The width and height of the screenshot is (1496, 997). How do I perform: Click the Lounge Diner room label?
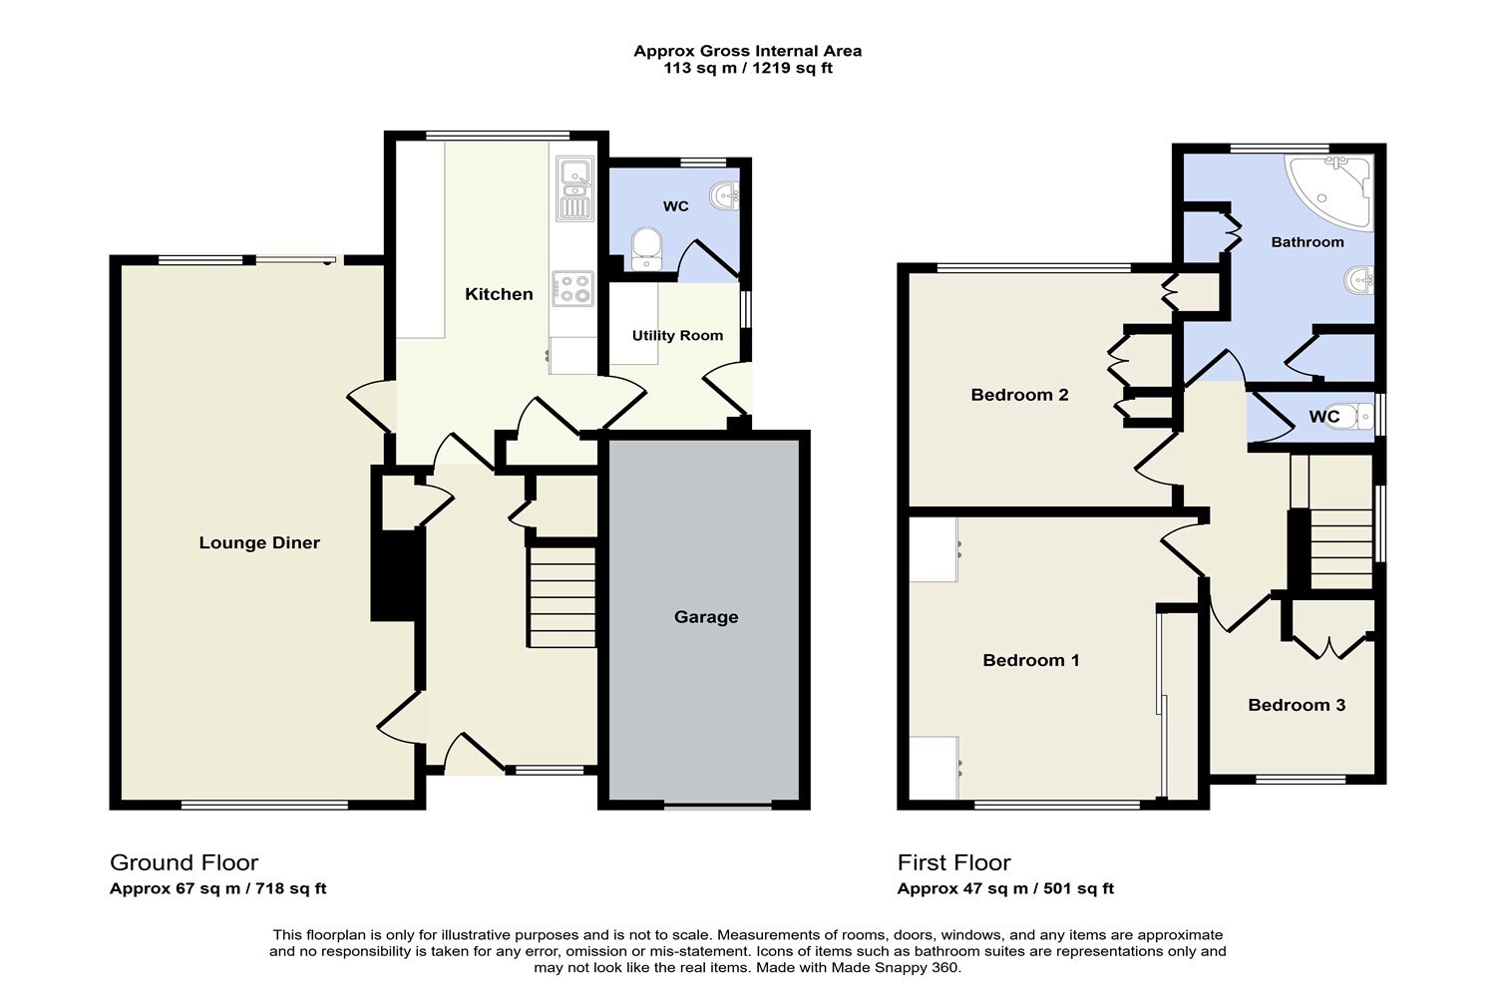pyautogui.click(x=259, y=543)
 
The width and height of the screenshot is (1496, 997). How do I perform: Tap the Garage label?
pyautogui.click(x=706, y=617)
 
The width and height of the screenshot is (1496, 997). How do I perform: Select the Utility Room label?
pyautogui.click(x=677, y=335)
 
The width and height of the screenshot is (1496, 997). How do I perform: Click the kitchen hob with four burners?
pyautogui.click(x=573, y=288)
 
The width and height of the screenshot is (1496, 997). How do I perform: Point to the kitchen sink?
pyautogui.click(x=574, y=188)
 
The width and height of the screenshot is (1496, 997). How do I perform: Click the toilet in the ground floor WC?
pyautogui.click(x=646, y=248)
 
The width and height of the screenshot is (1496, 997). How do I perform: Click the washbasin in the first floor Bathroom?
pyautogui.click(x=1359, y=279)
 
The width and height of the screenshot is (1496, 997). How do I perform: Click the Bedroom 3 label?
pyautogui.click(x=1297, y=705)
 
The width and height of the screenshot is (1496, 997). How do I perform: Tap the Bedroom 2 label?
pyautogui.click(x=1019, y=395)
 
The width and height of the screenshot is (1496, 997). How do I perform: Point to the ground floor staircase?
pyautogui.click(x=562, y=597)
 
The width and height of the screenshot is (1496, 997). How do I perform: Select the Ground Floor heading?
pyautogui.click(x=184, y=862)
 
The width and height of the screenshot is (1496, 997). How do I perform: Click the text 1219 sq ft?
pyautogui.click(x=793, y=68)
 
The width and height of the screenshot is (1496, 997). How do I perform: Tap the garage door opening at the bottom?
pyautogui.click(x=718, y=807)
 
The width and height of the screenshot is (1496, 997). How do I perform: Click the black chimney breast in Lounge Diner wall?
pyautogui.click(x=397, y=575)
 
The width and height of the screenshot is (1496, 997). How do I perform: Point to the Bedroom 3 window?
pyautogui.click(x=1301, y=779)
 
